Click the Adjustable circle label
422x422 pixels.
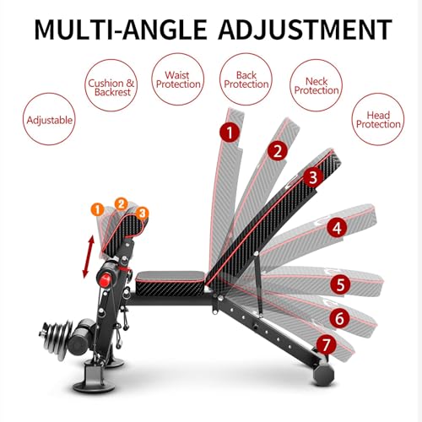50,121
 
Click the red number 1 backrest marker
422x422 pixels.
226,132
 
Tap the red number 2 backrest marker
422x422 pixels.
276,151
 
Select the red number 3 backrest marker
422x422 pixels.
312,178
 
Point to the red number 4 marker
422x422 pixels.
336,228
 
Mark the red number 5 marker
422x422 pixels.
342,284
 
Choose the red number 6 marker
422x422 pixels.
339,319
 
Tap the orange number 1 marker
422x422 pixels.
99,208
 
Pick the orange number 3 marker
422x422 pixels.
141,211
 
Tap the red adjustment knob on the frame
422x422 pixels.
107,280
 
